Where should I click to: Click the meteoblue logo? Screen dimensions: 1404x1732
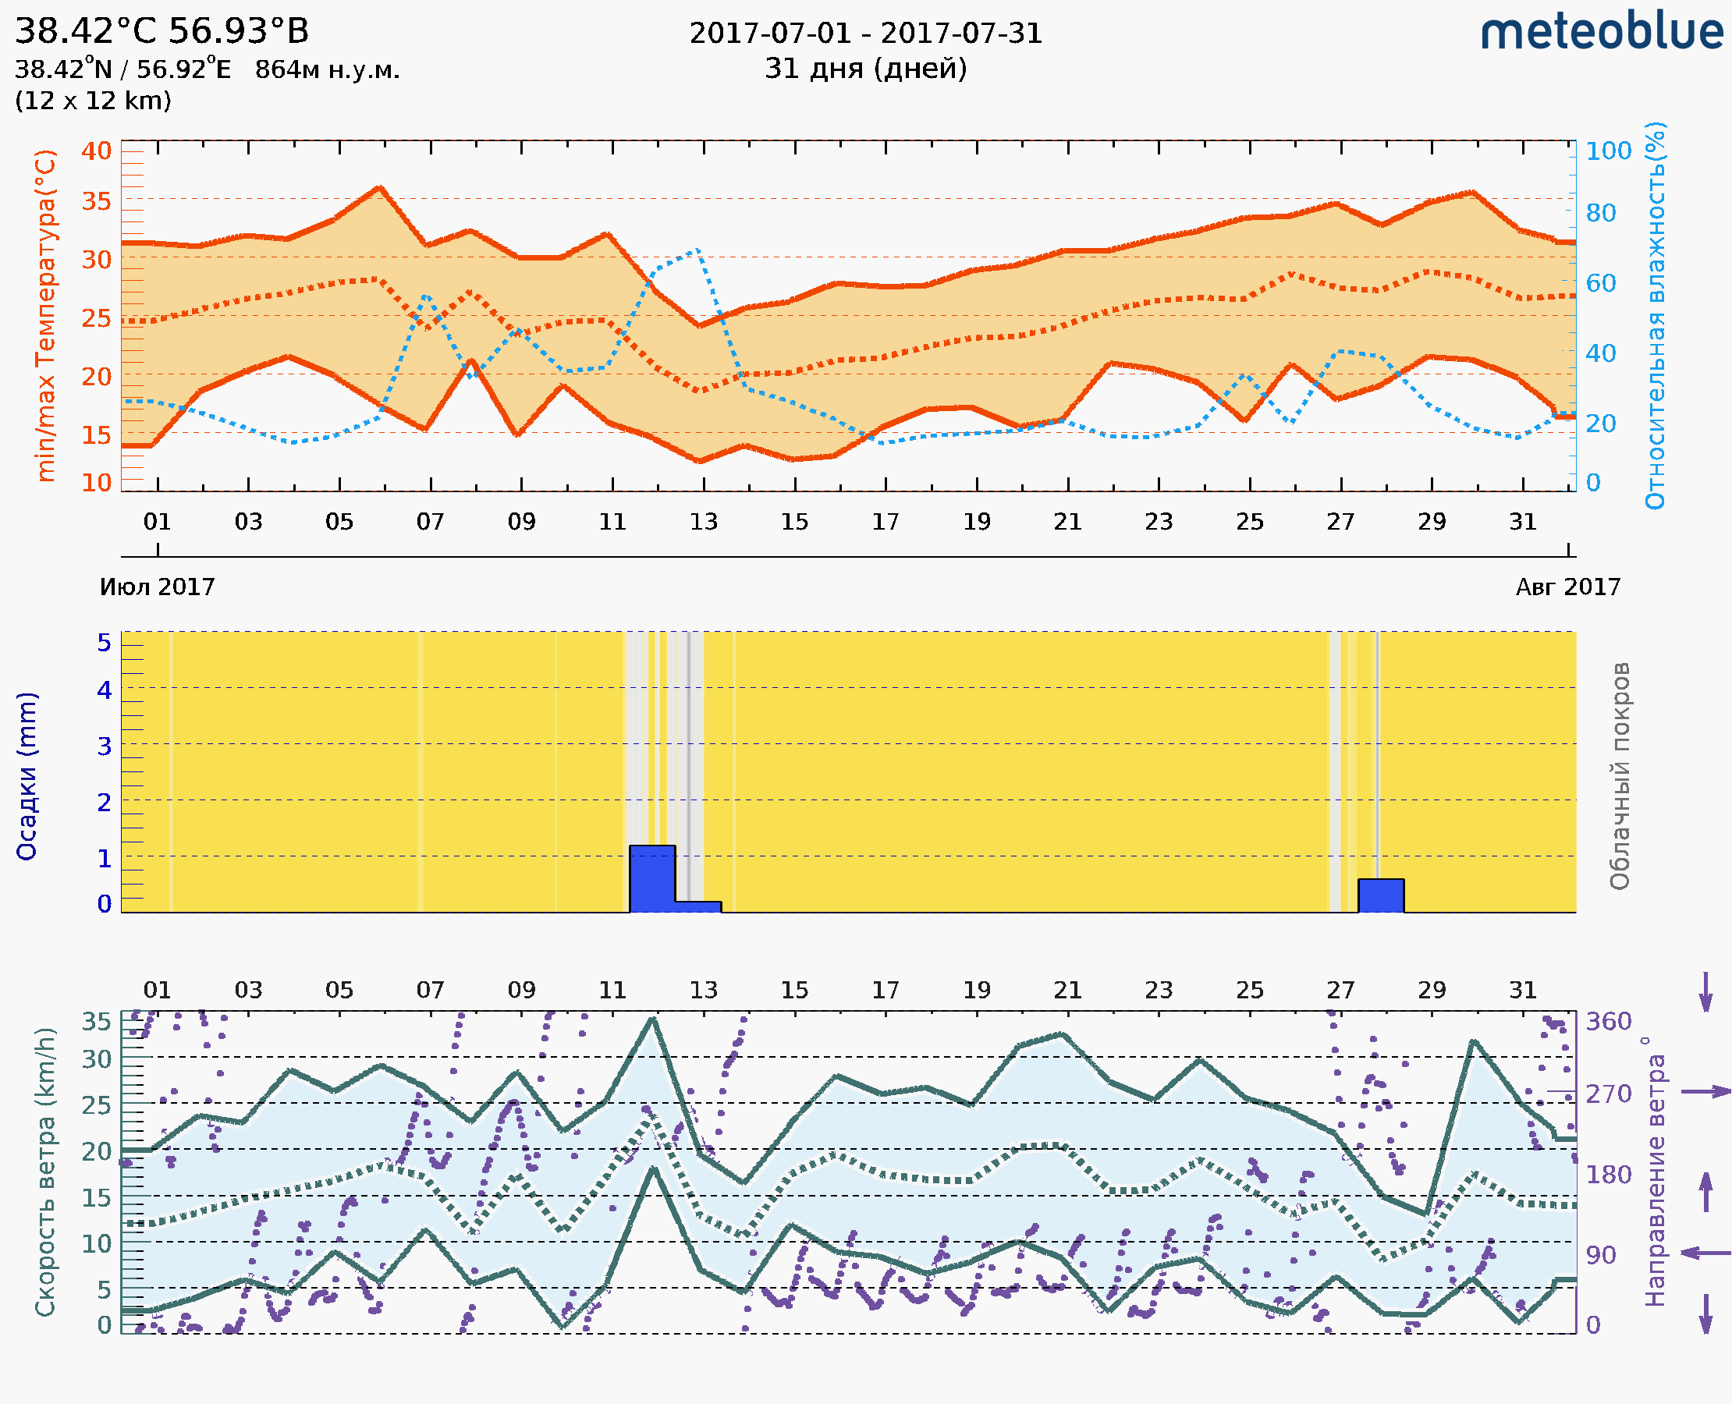(x=1602, y=32)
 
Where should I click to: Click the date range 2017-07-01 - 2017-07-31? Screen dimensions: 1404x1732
(x=865, y=34)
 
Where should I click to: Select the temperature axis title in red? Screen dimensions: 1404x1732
(x=46, y=315)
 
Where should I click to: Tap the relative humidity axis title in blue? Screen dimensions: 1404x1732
(x=1655, y=315)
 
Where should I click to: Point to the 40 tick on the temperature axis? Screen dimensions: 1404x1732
(x=96, y=151)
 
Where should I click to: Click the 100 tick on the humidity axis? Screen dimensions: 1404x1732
(x=1608, y=151)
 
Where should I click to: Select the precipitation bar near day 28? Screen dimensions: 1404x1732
(x=1381, y=895)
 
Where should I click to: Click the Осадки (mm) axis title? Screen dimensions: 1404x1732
(x=27, y=776)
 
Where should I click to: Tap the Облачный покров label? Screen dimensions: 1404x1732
(x=1620, y=776)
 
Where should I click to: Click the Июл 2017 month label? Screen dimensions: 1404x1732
(x=157, y=587)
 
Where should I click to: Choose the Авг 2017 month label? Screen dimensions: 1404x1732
(x=1568, y=587)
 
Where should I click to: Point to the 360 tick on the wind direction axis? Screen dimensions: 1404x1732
(x=1608, y=1022)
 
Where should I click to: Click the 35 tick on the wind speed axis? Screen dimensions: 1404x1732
(x=96, y=1022)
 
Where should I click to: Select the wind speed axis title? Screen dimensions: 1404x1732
(x=45, y=1172)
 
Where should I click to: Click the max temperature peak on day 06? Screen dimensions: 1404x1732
(x=378, y=188)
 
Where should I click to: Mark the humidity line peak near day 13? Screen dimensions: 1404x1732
(x=697, y=250)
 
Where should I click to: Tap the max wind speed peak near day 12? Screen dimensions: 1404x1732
(x=653, y=1019)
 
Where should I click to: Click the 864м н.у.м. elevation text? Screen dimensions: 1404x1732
(x=327, y=70)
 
